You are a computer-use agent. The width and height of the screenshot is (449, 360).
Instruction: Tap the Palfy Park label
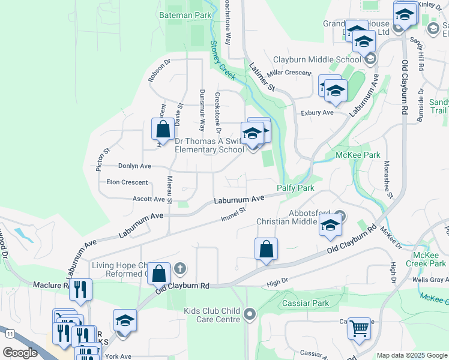coord(295,188)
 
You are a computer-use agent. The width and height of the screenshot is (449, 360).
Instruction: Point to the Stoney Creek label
coord(222,59)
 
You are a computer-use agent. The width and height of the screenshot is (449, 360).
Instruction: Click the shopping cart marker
coord(360,329)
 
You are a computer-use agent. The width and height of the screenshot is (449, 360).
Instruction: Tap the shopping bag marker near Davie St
coord(163,128)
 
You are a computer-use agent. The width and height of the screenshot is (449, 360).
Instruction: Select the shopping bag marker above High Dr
coord(266,248)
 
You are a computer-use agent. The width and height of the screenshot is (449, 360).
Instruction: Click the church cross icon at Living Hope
coord(179,268)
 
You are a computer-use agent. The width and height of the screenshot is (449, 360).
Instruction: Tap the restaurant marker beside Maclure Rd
coord(80,290)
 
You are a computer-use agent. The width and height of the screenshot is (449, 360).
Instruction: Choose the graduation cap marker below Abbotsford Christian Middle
coord(330,226)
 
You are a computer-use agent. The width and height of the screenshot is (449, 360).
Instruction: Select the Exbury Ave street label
coord(317,112)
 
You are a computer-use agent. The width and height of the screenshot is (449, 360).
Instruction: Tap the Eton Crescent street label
coord(127,182)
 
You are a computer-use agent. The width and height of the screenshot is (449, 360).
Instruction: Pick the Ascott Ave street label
coord(148,199)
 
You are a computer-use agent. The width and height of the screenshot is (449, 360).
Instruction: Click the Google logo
coord(20,353)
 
